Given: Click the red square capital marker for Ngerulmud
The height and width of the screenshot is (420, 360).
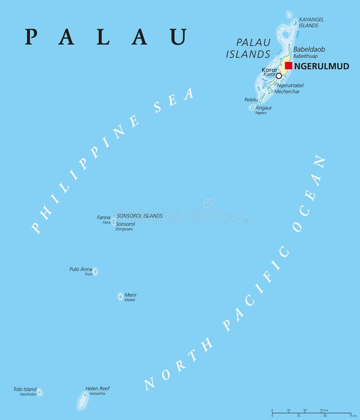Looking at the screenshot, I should (x=289, y=66).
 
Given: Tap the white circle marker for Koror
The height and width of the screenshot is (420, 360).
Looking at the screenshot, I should (x=279, y=76).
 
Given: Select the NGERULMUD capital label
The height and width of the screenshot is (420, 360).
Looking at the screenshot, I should (x=322, y=66).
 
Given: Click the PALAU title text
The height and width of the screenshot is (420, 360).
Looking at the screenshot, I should (x=106, y=37).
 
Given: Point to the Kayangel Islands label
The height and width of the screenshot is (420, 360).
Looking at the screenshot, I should (x=311, y=22).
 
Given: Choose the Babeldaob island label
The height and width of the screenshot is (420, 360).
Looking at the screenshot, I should (x=309, y=49).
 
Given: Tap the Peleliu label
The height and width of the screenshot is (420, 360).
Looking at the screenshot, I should (x=251, y=100).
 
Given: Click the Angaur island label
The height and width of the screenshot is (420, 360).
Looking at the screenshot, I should (x=264, y=108).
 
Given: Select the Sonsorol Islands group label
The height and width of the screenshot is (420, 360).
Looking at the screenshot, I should (x=139, y=216).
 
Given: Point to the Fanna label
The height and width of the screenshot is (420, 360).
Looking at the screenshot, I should (x=104, y=217).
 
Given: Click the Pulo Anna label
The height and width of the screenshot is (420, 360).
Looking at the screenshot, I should (x=81, y=269).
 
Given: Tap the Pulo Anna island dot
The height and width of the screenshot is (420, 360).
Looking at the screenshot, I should (x=95, y=271).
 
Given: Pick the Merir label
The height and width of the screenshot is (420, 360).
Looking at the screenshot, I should (x=131, y=295).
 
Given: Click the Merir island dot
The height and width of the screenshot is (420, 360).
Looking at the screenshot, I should (x=120, y=296).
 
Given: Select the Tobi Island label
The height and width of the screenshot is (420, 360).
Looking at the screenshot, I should (x=25, y=389).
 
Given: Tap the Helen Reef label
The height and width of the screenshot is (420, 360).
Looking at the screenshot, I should (x=97, y=388).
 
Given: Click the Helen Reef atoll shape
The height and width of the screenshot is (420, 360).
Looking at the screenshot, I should (x=83, y=400).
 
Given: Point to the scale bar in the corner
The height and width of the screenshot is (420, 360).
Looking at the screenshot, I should (x=311, y=413).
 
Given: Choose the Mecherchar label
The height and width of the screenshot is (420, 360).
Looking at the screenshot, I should (x=287, y=91).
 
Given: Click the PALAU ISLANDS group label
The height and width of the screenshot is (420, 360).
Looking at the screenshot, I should (x=248, y=48).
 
